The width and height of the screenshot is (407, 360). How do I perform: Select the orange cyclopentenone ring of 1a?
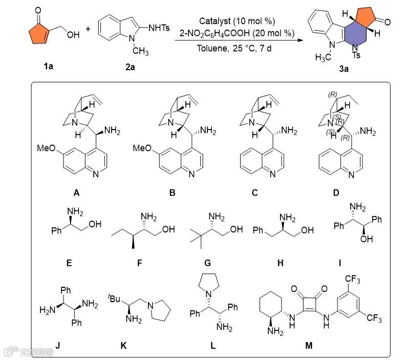click(34, 32)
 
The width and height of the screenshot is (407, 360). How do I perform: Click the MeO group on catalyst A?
click(48, 149)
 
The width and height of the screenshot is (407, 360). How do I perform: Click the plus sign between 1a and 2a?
click(88, 29)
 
